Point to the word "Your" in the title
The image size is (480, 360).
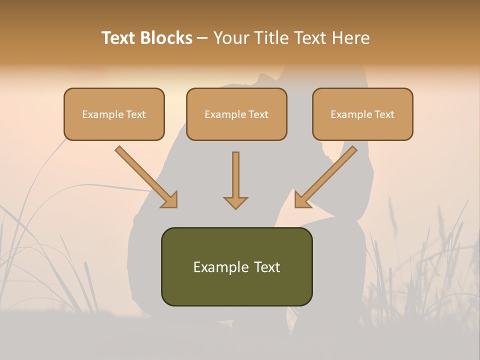coord(231,38)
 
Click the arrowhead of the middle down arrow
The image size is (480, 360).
coord(235,202)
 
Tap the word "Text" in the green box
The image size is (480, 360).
coord(266,267)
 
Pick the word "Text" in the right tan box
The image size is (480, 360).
coord(384,114)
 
